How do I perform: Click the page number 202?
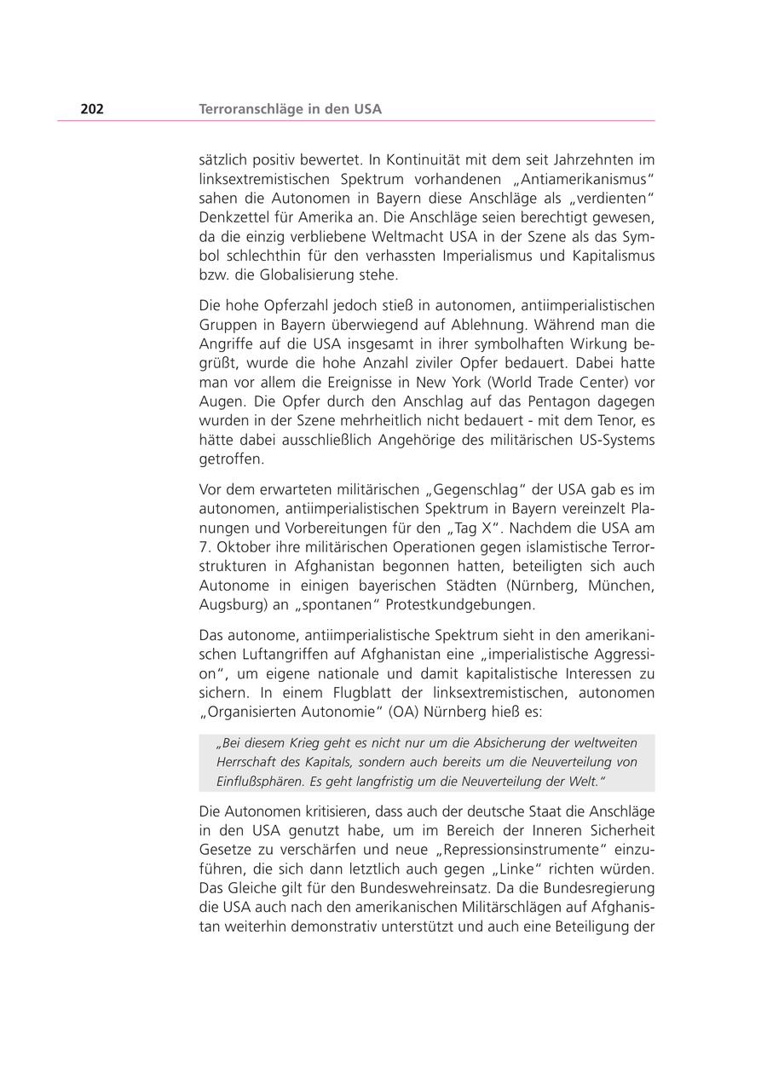coord(92,109)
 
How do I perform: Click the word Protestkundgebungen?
coord(461,605)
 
